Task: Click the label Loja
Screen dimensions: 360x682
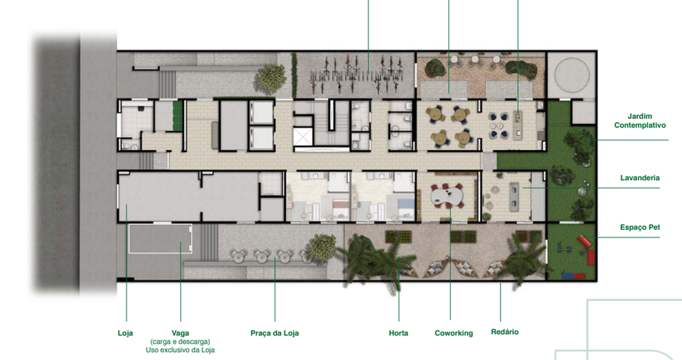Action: tap(125, 333)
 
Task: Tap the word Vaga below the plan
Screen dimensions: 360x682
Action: tap(181, 333)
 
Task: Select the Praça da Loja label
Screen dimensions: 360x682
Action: tap(275, 333)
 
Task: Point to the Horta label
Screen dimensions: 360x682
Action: tap(398, 333)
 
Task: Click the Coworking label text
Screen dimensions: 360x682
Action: tap(454, 333)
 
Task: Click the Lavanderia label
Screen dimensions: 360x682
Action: tap(640, 178)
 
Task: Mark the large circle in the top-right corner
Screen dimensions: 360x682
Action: tap(572, 74)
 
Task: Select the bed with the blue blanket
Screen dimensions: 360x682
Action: tap(402, 204)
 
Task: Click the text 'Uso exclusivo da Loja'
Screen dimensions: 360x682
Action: tap(180, 350)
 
